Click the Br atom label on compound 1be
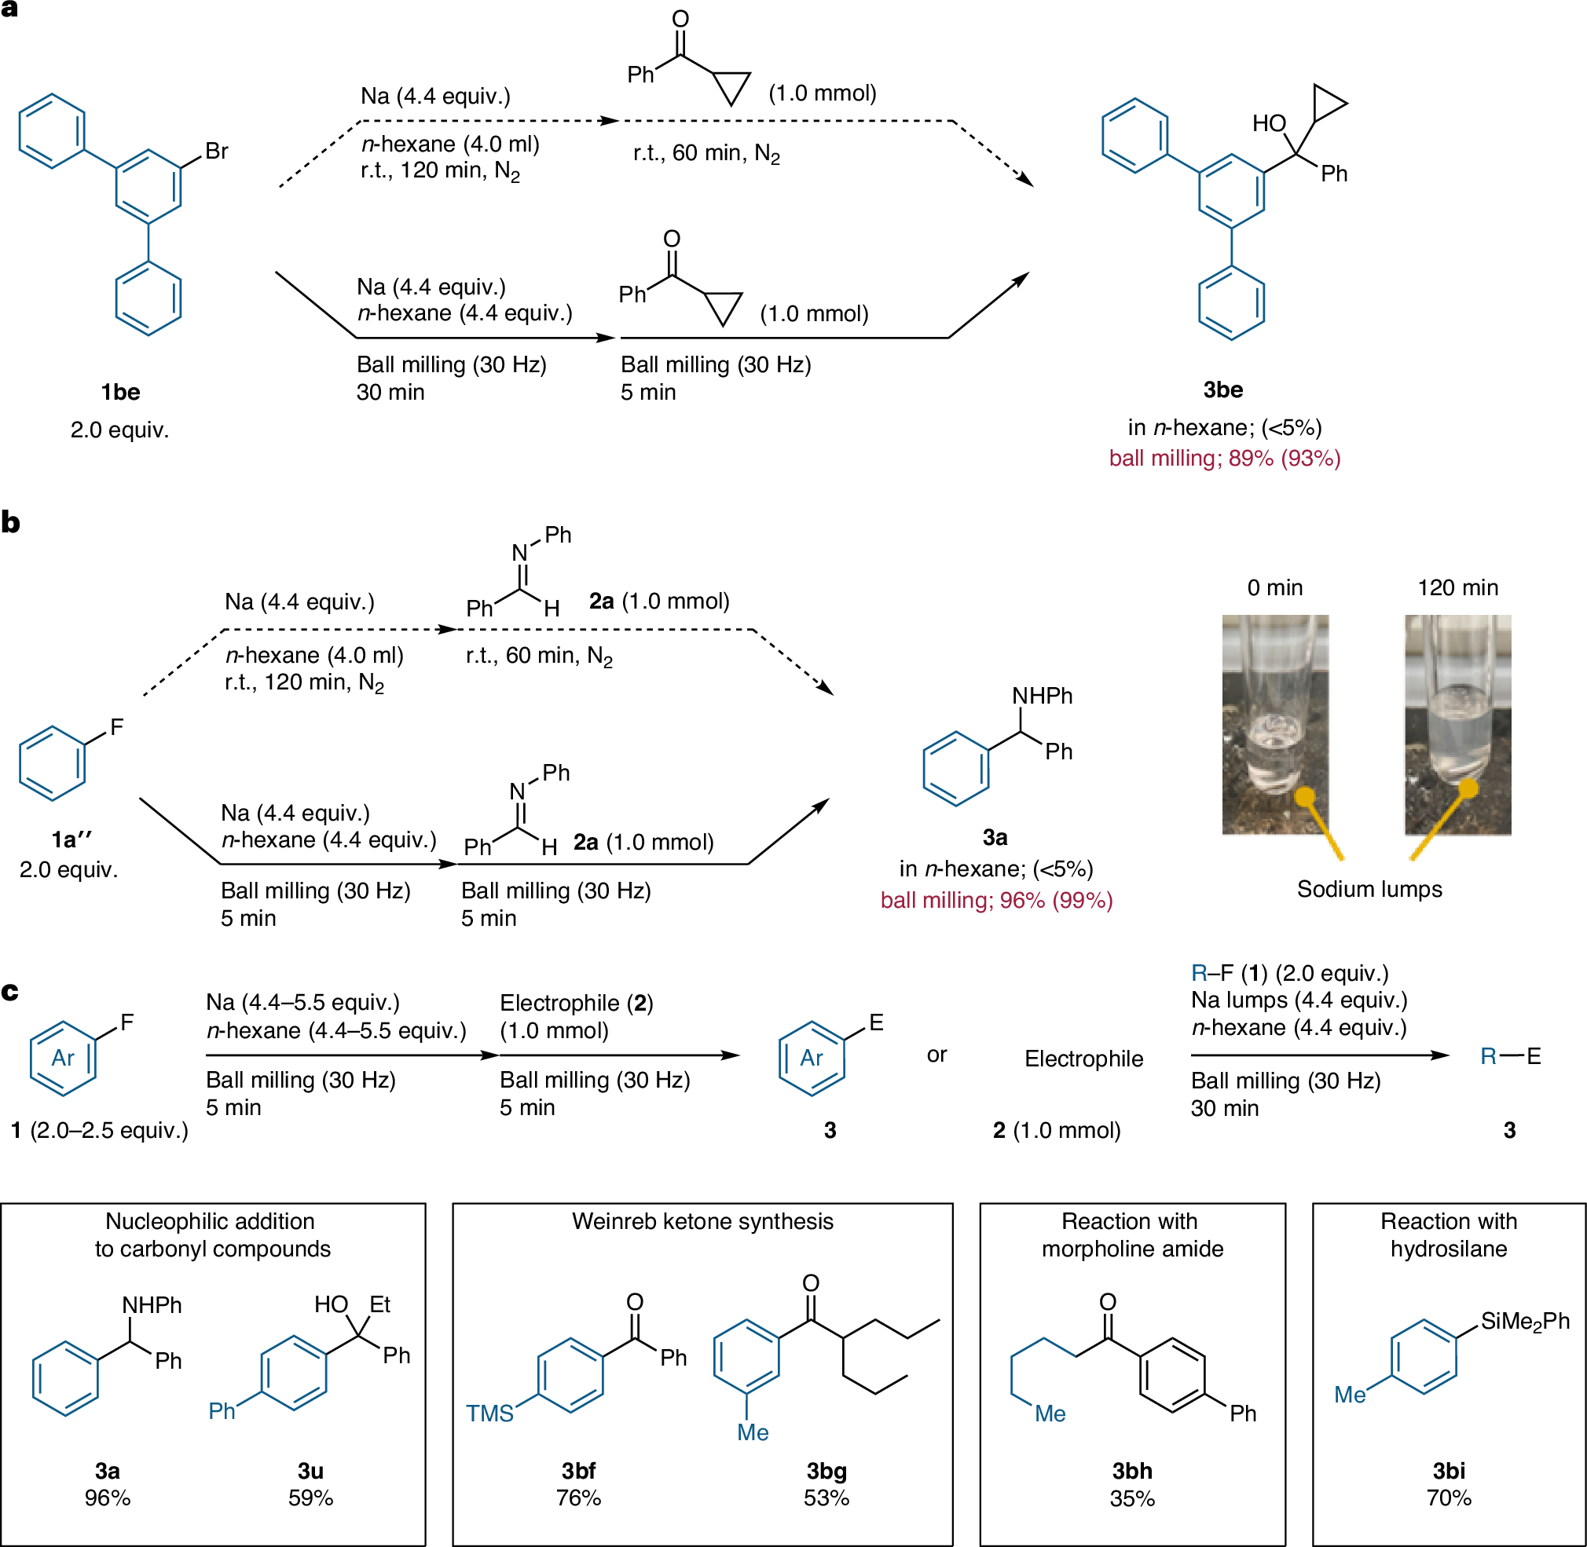[216, 151]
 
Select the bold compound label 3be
[1222, 390]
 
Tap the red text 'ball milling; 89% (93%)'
[1224, 459]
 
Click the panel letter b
[10, 522]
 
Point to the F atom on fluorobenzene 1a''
[117, 727]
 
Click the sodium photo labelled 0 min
[1275, 724]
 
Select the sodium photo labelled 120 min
[1457, 724]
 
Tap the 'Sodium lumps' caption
[1369, 889]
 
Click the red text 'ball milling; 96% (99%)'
[996, 900]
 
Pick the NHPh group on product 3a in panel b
[1042, 697]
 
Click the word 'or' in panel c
[936, 1055]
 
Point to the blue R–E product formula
[1510, 1056]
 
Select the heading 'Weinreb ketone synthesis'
[702, 1221]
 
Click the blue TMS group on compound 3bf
[489, 1414]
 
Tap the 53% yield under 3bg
[826, 1498]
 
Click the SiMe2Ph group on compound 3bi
[1524, 1321]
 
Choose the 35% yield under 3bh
[1131, 1499]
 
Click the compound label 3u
[310, 1472]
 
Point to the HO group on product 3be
[1268, 123]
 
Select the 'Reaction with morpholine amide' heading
[1131, 1235]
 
